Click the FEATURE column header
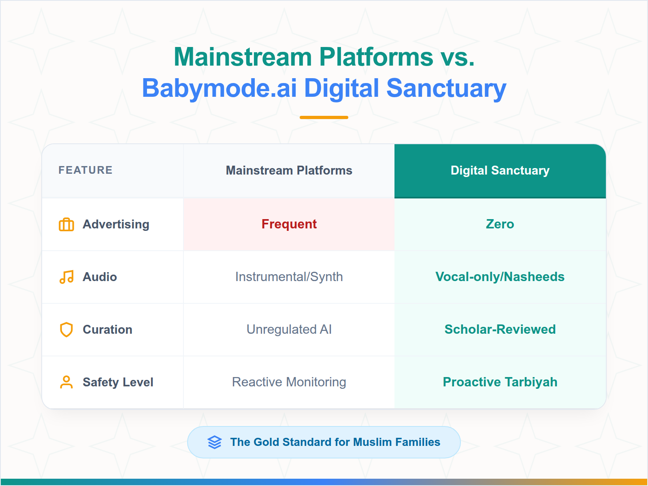tap(85, 170)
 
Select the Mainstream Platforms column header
tap(289, 171)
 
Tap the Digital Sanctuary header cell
tap(500, 171)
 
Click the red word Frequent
tap(289, 224)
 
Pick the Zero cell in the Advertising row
tap(500, 224)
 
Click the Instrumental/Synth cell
tap(289, 277)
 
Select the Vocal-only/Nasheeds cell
tap(500, 277)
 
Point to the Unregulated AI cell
tap(289, 329)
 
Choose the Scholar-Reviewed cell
tap(500, 329)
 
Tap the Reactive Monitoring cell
tap(289, 382)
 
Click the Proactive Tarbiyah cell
tap(500, 382)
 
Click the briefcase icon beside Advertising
tap(66, 224)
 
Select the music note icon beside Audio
tap(66, 277)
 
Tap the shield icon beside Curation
tap(66, 330)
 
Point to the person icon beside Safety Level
tap(66, 382)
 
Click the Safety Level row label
tap(118, 382)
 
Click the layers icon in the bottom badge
tap(215, 442)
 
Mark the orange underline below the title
tap(324, 117)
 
